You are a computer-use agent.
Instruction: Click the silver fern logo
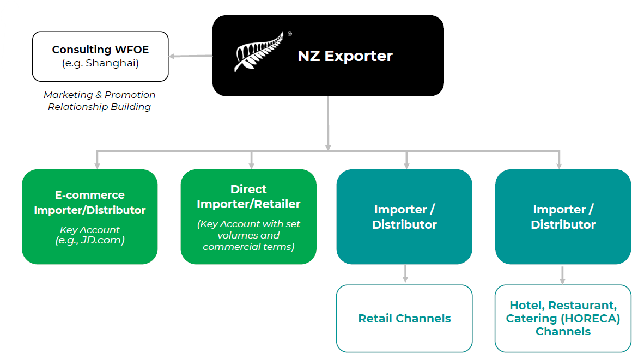pyautogui.click(x=259, y=52)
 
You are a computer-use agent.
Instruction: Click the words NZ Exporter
pyautogui.click(x=345, y=56)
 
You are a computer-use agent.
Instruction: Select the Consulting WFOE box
pyautogui.click(x=100, y=56)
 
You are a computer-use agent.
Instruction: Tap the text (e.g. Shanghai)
pyautogui.click(x=100, y=63)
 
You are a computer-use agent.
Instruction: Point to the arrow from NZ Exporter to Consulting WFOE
pyautogui.click(x=190, y=56)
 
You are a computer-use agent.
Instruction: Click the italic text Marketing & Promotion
pyautogui.click(x=100, y=95)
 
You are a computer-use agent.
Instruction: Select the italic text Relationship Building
pyautogui.click(x=100, y=107)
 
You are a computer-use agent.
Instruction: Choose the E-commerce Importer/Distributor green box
pyautogui.click(x=89, y=217)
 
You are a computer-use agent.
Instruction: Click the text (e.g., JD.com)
pyautogui.click(x=90, y=240)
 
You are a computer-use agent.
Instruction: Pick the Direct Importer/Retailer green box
pyautogui.click(x=248, y=217)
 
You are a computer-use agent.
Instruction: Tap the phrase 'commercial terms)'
pyautogui.click(x=248, y=247)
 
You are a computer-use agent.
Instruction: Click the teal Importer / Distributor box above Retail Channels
pyautogui.click(x=404, y=217)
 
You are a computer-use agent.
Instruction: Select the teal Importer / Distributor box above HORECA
pyautogui.click(x=563, y=217)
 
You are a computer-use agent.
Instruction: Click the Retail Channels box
pyautogui.click(x=404, y=319)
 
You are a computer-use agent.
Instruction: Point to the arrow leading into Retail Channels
pyautogui.click(x=405, y=274)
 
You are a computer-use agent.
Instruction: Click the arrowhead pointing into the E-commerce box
pyautogui.click(x=97, y=164)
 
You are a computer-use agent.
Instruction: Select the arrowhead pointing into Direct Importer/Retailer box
pyautogui.click(x=251, y=164)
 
